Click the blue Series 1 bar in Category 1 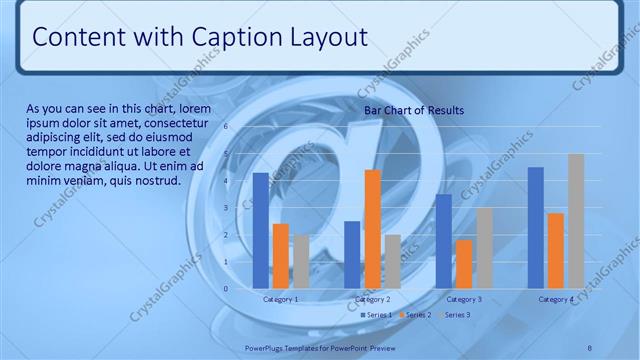pos(261,231)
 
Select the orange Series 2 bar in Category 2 pos(372,229)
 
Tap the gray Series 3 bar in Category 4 pos(576,221)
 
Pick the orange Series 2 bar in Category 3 pos(464,264)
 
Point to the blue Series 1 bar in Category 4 pos(535,228)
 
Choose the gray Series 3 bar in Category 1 pos(301,262)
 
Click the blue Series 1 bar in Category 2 pos(352,255)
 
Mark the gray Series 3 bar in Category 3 pos(484,248)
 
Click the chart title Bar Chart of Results pos(414,110)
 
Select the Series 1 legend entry pos(376,315)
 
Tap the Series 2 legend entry pos(415,315)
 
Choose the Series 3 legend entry pos(454,315)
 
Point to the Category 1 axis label pos(281,299)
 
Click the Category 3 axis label pos(464,299)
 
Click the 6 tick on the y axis pos(226,127)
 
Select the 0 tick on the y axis pos(226,289)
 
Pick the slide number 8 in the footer pos(590,347)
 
